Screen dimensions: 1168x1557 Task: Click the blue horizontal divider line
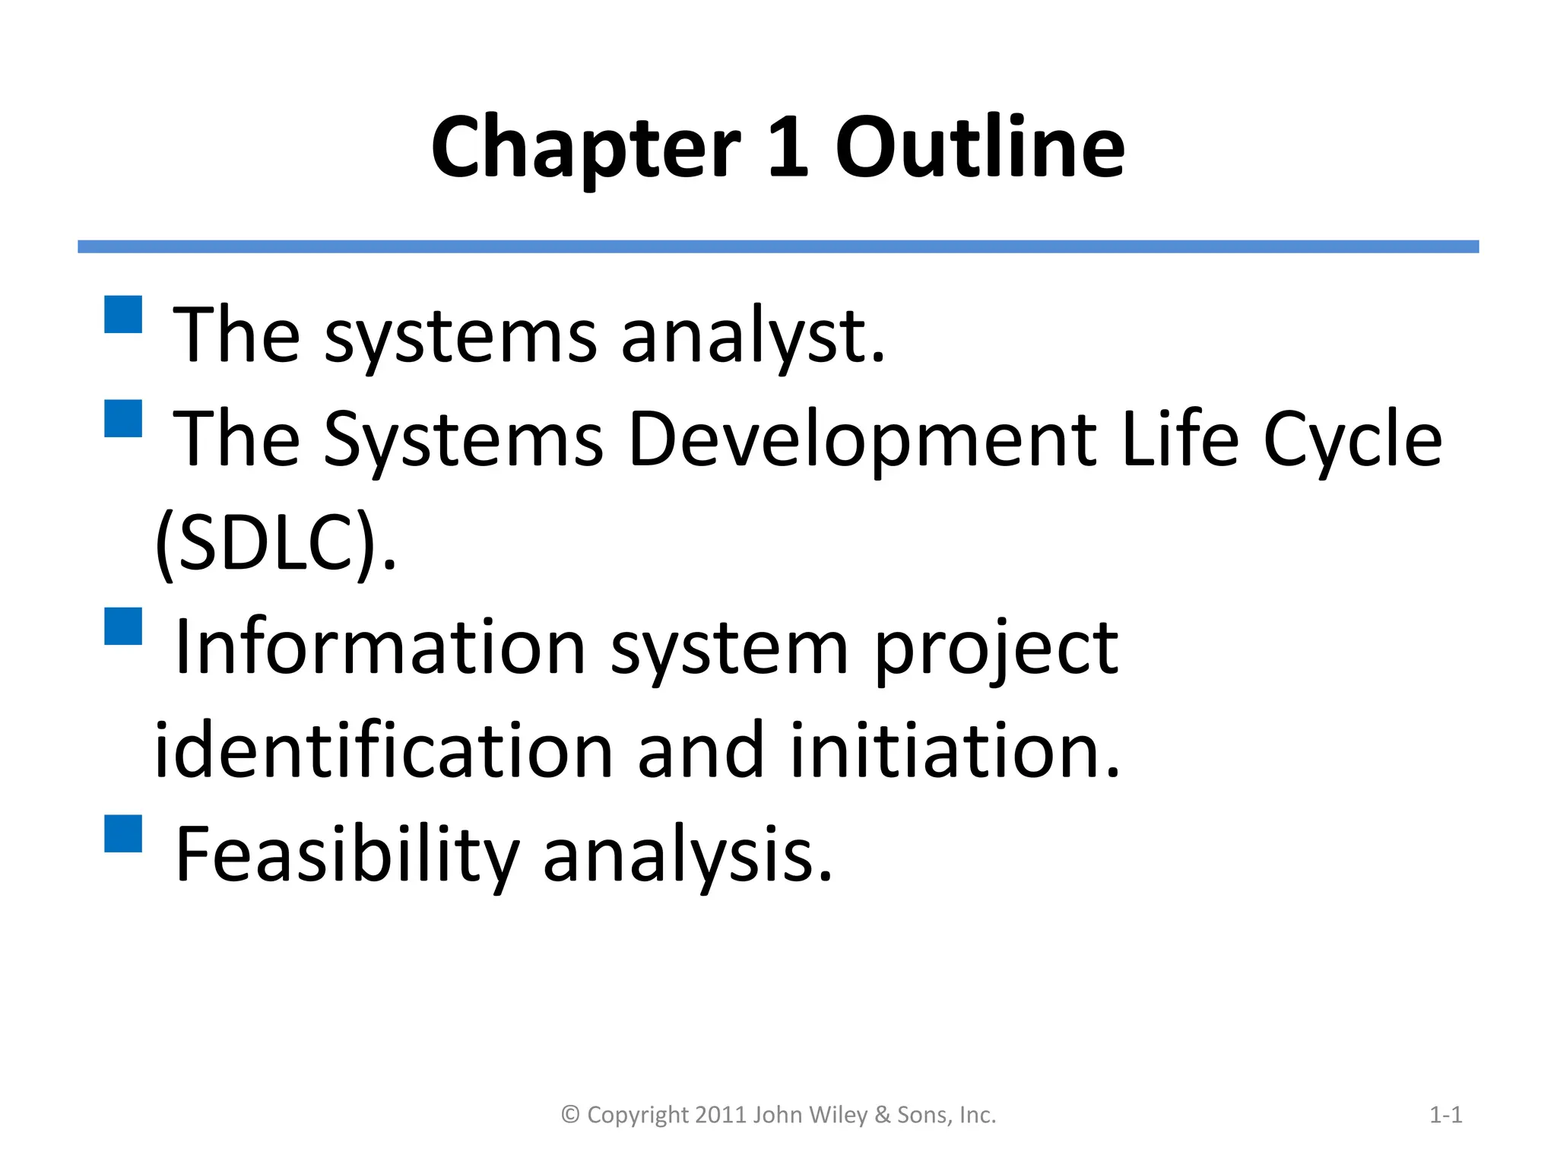(x=778, y=246)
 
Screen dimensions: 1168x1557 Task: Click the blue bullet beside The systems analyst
(x=123, y=315)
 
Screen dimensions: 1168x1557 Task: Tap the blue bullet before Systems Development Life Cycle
(x=123, y=418)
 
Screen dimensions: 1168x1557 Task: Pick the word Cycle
(x=1352, y=440)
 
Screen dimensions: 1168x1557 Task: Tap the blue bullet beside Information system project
(x=123, y=626)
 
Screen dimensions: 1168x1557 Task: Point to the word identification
(x=383, y=751)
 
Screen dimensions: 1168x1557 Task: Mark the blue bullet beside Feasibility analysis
(x=123, y=833)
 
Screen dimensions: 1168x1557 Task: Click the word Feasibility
(x=347, y=855)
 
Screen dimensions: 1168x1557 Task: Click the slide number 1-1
(x=1445, y=1115)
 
